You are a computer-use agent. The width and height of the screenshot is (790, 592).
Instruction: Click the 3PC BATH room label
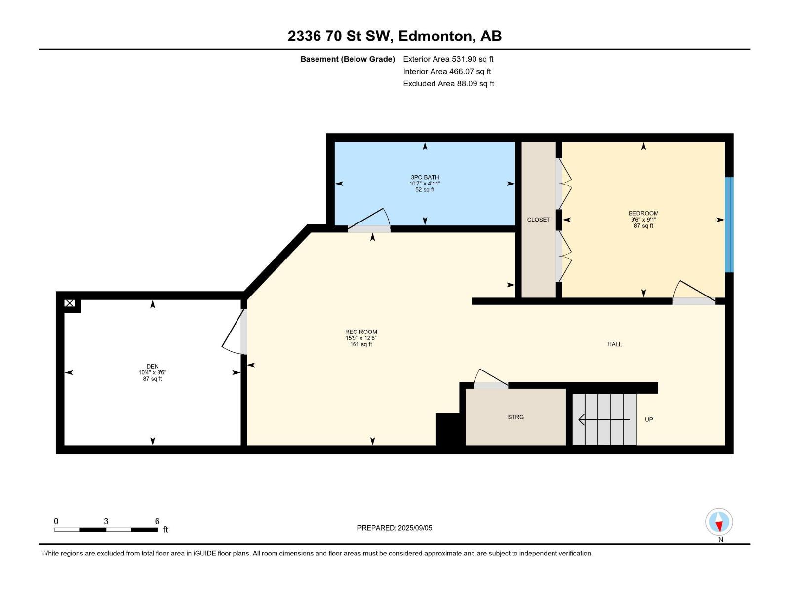(425, 177)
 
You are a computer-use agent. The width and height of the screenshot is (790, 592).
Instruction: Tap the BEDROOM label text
(643, 214)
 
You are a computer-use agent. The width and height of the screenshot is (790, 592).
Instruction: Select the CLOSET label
(538, 220)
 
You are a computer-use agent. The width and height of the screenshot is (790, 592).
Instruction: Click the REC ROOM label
(361, 332)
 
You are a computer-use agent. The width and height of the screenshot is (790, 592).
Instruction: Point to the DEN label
(152, 367)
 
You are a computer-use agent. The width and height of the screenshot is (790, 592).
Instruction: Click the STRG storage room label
(515, 417)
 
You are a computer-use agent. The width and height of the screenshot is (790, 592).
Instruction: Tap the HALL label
(614, 344)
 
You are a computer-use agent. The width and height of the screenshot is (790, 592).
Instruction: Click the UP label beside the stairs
(649, 420)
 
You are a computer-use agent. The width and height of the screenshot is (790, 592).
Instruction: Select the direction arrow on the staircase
(603, 420)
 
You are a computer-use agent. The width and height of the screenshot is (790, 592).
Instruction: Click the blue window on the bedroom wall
(729, 224)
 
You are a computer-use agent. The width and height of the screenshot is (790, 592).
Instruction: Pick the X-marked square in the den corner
(70, 303)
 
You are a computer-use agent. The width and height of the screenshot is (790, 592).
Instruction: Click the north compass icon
(719, 522)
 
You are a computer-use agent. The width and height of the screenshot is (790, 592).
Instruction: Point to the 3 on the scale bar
(106, 521)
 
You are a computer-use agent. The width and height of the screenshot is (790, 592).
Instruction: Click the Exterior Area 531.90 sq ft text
(448, 59)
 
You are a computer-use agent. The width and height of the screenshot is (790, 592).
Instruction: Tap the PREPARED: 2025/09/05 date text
(395, 528)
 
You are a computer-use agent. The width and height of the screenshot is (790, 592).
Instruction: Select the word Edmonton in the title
(434, 36)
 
